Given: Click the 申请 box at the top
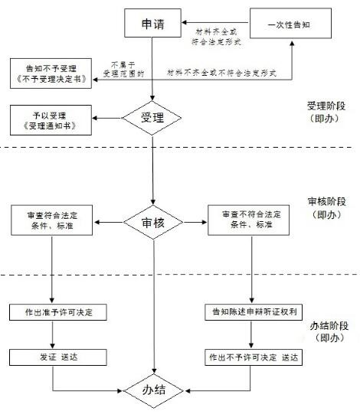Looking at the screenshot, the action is pyautogui.click(x=152, y=23).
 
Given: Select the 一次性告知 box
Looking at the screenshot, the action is pyautogui.click(x=291, y=23).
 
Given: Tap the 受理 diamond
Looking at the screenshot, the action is pyautogui.click(x=152, y=118).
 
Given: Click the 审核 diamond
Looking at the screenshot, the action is pyautogui.click(x=153, y=223).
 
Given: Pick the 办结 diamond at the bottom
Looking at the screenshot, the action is pyautogui.click(x=154, y=390).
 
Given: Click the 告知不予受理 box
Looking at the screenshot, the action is pyautogui.click(x=51, y=73).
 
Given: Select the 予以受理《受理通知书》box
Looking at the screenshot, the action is pyautogui.click(x=51, y=120).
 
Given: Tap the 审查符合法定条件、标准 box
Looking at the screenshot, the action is pyautogui.click(x=52, y=220).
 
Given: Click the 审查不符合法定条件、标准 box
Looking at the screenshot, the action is pyautogui.click(x=248, y=220).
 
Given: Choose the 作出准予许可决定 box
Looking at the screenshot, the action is pyautogui.click(x=58, y=312).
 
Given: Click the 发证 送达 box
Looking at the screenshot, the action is pyautogui.click(x=58, y=357).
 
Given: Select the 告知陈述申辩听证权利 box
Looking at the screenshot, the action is pyautogui.click(x=254, y=312).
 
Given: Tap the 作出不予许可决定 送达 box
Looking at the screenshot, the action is pyautogui.click(x=254, y=357).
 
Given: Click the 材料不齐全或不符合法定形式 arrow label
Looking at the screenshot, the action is pyautogui.click(x=221, y=73).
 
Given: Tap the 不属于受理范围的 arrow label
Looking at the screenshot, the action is pyautogui.click(x=123, y=69).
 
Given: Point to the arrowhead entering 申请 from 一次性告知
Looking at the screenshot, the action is pyautogui.click(x=185, y=23).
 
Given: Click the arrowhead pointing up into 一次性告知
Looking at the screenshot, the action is pyautogui.click(x=292, y=43).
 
